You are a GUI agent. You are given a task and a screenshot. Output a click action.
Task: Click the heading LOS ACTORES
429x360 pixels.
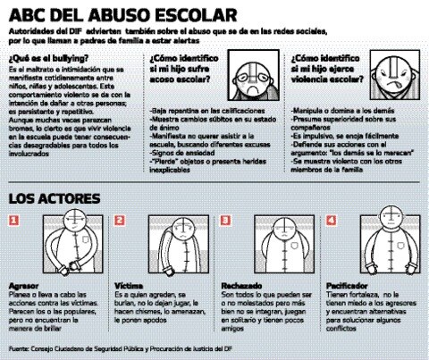[x=49, y=197]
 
